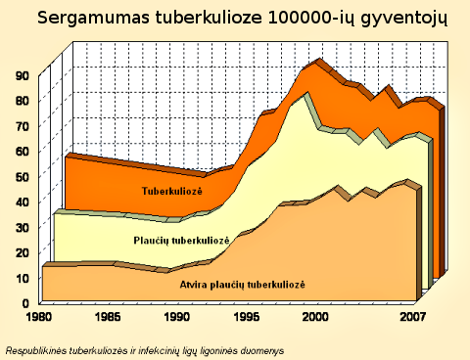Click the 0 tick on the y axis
[x=25, y=302]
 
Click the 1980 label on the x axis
[x=39, y=318]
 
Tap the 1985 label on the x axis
[x=108, y=318]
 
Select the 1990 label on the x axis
[x=177, y=318]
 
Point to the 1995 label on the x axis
[x=247, y=318]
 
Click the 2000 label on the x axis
[x=315, y=318]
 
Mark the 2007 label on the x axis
[x=411, y=318]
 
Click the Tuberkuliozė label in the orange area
[x=173, y=191]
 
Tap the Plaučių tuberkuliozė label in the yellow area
[x=181, y=240]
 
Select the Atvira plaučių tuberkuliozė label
[x=243, y=284]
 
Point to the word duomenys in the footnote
[x=258, y=349]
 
